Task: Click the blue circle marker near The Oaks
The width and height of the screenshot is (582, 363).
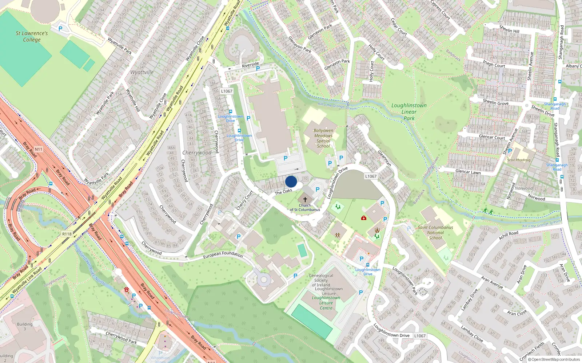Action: pyautogui.click(x=291, y=182)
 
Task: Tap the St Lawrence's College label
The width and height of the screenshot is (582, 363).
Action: pyautogui.click(x=32, y=36)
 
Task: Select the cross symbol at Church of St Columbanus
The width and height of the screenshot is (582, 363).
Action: pyautogui.click(x=305, y=199)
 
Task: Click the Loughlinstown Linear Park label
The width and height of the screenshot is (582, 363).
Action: pyautogui.click(x=409, y=112)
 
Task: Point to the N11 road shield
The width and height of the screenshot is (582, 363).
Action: pyautogui.click(x=39, y=149)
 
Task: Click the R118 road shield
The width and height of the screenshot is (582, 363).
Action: pyautogui.click(x=67, y=234)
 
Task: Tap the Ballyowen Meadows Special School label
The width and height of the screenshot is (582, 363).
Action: pyautogui.click(x=323, y=138)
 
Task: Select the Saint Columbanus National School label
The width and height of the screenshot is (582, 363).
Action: pyautogui.click(x=435, y=233)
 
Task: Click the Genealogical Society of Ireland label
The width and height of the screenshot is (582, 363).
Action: pyautogui.click(x=321, y=280)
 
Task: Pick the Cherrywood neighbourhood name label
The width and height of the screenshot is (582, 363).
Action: pyautogui.click(x=197, y=153)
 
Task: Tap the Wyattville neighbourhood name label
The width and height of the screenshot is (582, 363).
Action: pyautogui.click(x=142, y=72)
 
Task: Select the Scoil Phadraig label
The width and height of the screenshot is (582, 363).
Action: pyautogui.click(x=519, y=160)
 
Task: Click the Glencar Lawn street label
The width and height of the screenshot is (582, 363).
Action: pyautogui.click(x=468, y=172)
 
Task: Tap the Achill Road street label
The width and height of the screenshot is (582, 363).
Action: pyautogui.click(x=509, y=235)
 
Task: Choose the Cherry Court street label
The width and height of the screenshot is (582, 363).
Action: pyautogui.click(x=244, y=200)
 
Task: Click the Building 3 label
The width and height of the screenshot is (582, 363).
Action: pyautogui.click(x=24, y=326)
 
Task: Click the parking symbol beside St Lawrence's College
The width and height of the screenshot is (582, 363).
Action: pyautogui.click(x=60, y=28)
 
